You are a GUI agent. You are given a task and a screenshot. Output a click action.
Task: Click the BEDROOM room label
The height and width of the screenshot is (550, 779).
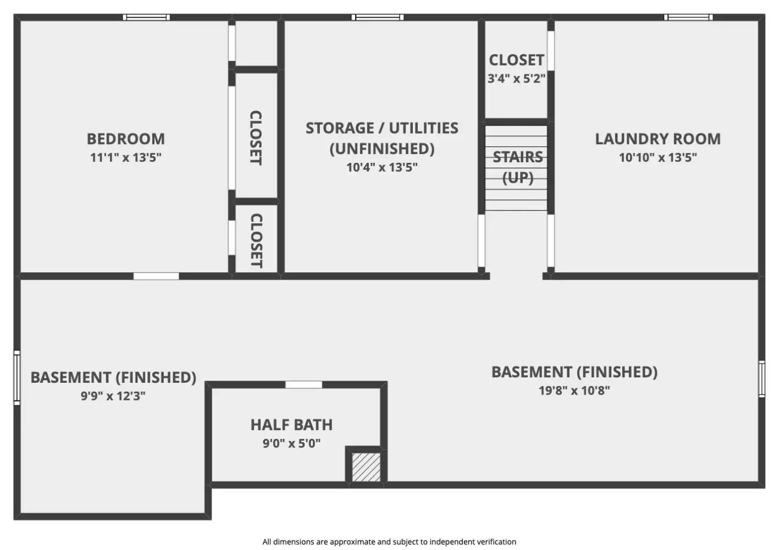(125, 139)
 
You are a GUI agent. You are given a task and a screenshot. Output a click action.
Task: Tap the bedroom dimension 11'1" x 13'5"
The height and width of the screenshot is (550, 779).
(125, 158)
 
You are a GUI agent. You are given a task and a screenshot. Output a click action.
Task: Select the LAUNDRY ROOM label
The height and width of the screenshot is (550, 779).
(658, 139)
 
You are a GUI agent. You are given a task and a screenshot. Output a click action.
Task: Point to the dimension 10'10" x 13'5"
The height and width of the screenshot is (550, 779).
(658, 158)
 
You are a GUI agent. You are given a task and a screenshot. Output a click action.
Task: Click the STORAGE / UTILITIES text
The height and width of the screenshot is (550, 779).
(382, 128)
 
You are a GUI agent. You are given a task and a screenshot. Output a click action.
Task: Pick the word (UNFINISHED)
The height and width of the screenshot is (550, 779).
(382, 148)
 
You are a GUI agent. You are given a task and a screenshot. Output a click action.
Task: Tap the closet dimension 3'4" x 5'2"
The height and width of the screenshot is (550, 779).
(516, 79)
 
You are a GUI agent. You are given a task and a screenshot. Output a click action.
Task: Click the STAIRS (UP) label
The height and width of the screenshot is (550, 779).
(517, 167)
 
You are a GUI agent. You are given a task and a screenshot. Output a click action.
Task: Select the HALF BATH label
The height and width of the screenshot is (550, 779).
(291, 425)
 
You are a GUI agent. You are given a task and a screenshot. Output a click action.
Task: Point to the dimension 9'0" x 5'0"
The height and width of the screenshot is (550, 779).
(291, 443)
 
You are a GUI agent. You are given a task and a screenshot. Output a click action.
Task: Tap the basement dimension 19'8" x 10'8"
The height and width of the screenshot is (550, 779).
(574, 391)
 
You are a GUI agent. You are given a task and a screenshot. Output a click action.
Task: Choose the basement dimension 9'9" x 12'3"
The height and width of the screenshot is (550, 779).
(113, 396)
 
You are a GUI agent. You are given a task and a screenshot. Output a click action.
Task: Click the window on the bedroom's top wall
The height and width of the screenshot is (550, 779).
(146, 18)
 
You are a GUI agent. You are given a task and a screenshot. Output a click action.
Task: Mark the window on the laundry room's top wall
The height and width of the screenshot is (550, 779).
(688, 18)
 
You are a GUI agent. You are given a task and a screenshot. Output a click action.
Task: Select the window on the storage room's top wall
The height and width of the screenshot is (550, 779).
(378, 18)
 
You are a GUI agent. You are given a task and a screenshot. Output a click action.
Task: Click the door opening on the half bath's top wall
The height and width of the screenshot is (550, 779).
(303, 384)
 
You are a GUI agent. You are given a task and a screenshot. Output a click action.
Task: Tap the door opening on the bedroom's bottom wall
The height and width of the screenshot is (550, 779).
(156, 276)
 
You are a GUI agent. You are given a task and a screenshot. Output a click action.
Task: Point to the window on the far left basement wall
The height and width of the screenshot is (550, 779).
(17, 378)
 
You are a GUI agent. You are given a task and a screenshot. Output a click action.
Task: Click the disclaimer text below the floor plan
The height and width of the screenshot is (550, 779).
(389, 542)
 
